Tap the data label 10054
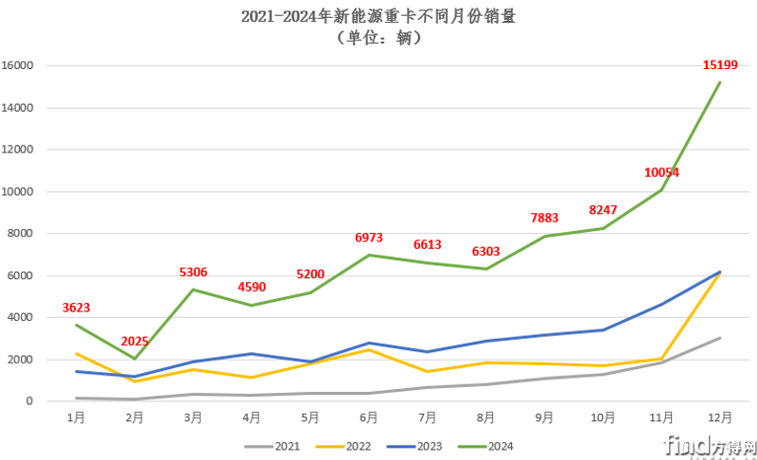[x=661, y=172]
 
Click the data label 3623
[x=77, y=308]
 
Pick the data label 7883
[x=544, y=219]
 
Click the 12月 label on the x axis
[x=719, y=416]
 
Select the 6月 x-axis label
[x=369, y=416]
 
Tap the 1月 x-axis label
[x=77, y=416]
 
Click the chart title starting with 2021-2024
[x=378, y=17]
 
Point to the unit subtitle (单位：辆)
[x=378, y=39]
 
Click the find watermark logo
[x=709, y=443]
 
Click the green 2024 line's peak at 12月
[x=719, y=82]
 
